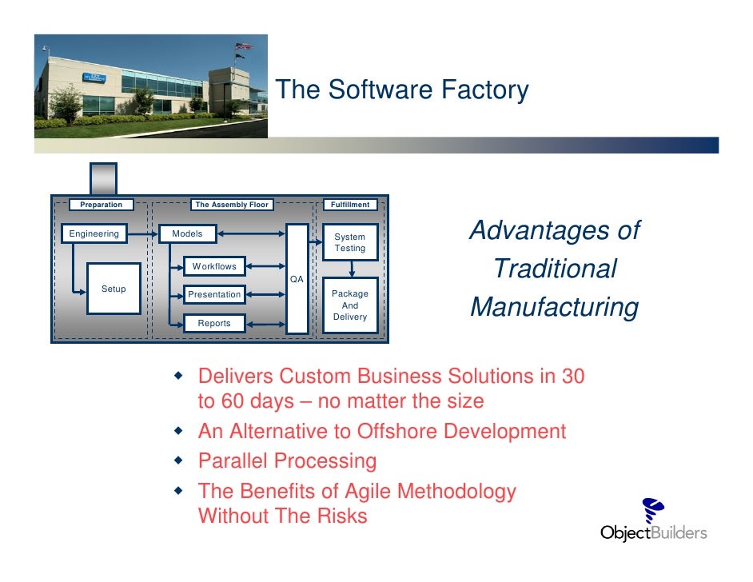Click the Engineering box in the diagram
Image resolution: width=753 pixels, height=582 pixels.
click(94, 234)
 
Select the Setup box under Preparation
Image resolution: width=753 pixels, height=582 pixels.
click(113, 289)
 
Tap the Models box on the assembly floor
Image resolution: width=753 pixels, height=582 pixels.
click(188, 234)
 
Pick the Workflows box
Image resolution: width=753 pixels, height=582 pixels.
click(213, 266)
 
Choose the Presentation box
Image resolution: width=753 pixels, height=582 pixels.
click(213, 294)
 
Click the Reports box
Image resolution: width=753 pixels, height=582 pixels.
click(213, 323)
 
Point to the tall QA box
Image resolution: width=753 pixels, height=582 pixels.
click(297, 278)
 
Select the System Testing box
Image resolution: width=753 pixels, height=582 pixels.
click(350, 242)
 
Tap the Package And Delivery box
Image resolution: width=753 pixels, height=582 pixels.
click(350, 305)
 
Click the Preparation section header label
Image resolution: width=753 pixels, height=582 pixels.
click(102, 205)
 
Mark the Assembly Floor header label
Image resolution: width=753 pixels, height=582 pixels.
click(232, 205)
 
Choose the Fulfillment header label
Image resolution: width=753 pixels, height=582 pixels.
click(350, 205)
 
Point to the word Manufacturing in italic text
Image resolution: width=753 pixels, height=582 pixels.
click(554, 307)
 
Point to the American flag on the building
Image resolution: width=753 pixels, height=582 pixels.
click(243, 46)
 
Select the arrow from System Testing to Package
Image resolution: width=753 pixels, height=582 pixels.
click(350, 269)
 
